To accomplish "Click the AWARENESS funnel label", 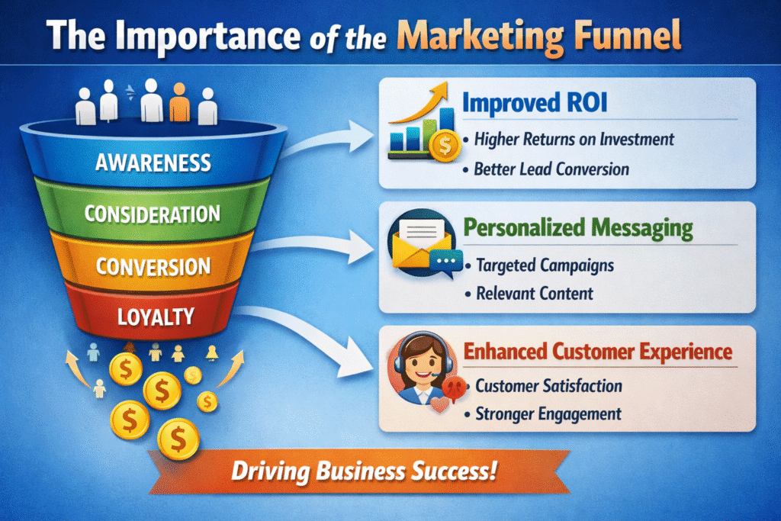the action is [153, 163].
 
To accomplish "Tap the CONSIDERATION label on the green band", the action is [153, 214].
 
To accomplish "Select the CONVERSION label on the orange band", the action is [153, 267].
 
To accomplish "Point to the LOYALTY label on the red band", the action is [156, 317].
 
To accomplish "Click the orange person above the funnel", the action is [179, 103].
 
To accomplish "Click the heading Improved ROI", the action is [535, 103].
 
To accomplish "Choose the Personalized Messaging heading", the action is [578, 228].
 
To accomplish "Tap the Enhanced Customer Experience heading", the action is [598, 351].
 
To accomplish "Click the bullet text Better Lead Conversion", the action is [551, 169].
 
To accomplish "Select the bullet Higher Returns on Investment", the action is [574, 140].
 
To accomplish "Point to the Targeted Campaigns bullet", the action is [545, 265].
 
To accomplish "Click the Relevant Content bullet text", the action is [535, 294].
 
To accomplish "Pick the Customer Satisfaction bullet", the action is [548, 386].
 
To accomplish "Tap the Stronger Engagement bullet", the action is [548, 414].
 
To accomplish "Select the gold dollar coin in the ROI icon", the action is [445, 146].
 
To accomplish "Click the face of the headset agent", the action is [423, 366].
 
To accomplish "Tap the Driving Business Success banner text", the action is [365, 471].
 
